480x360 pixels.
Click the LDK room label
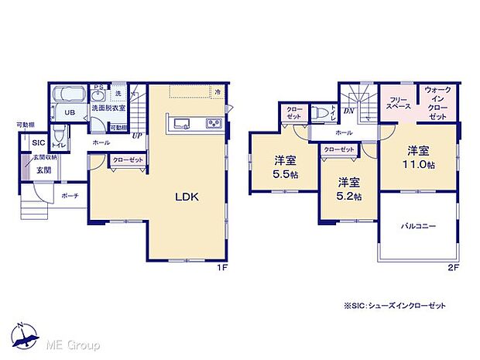tap(186, 197)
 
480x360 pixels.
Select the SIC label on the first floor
tap(38, 142)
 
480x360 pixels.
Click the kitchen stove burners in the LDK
tap(213, 124)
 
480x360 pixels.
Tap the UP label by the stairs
tap(136, 135)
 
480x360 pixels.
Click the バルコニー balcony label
tap(418, 226)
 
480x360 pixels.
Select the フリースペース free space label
tap(399, 104)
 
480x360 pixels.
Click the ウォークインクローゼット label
tap(437, 102)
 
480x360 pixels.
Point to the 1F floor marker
tap(221, 267)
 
